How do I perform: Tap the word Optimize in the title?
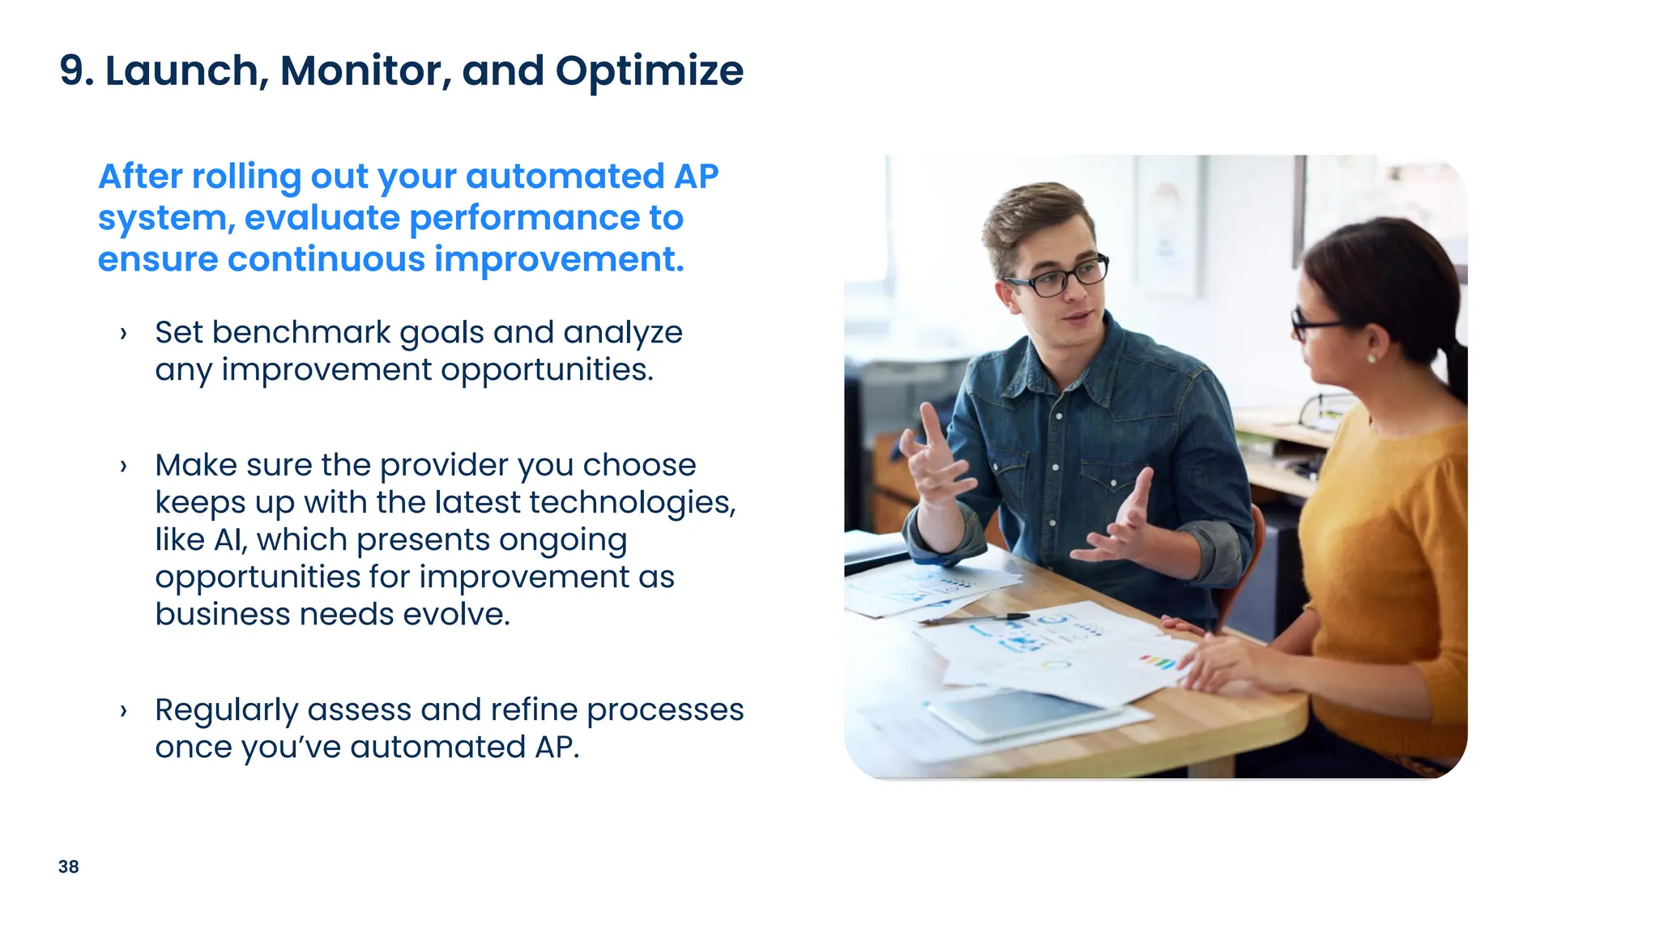[649, 71]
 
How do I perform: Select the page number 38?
[69, 867]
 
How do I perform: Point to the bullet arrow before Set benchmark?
[123, 334]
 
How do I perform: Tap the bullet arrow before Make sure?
[123, 466]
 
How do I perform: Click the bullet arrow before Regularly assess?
[123, 711]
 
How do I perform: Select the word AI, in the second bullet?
[230, 540]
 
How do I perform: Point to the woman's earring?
[1371, 357]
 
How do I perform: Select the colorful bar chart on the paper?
[1158, 662]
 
